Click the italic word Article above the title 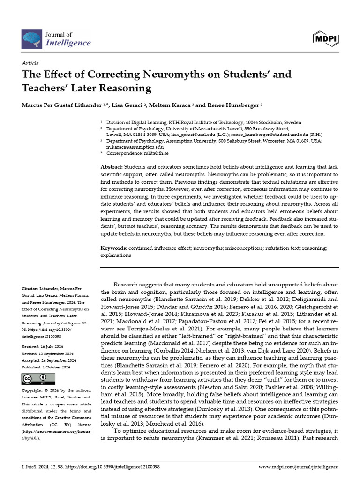30,63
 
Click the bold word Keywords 114,247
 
